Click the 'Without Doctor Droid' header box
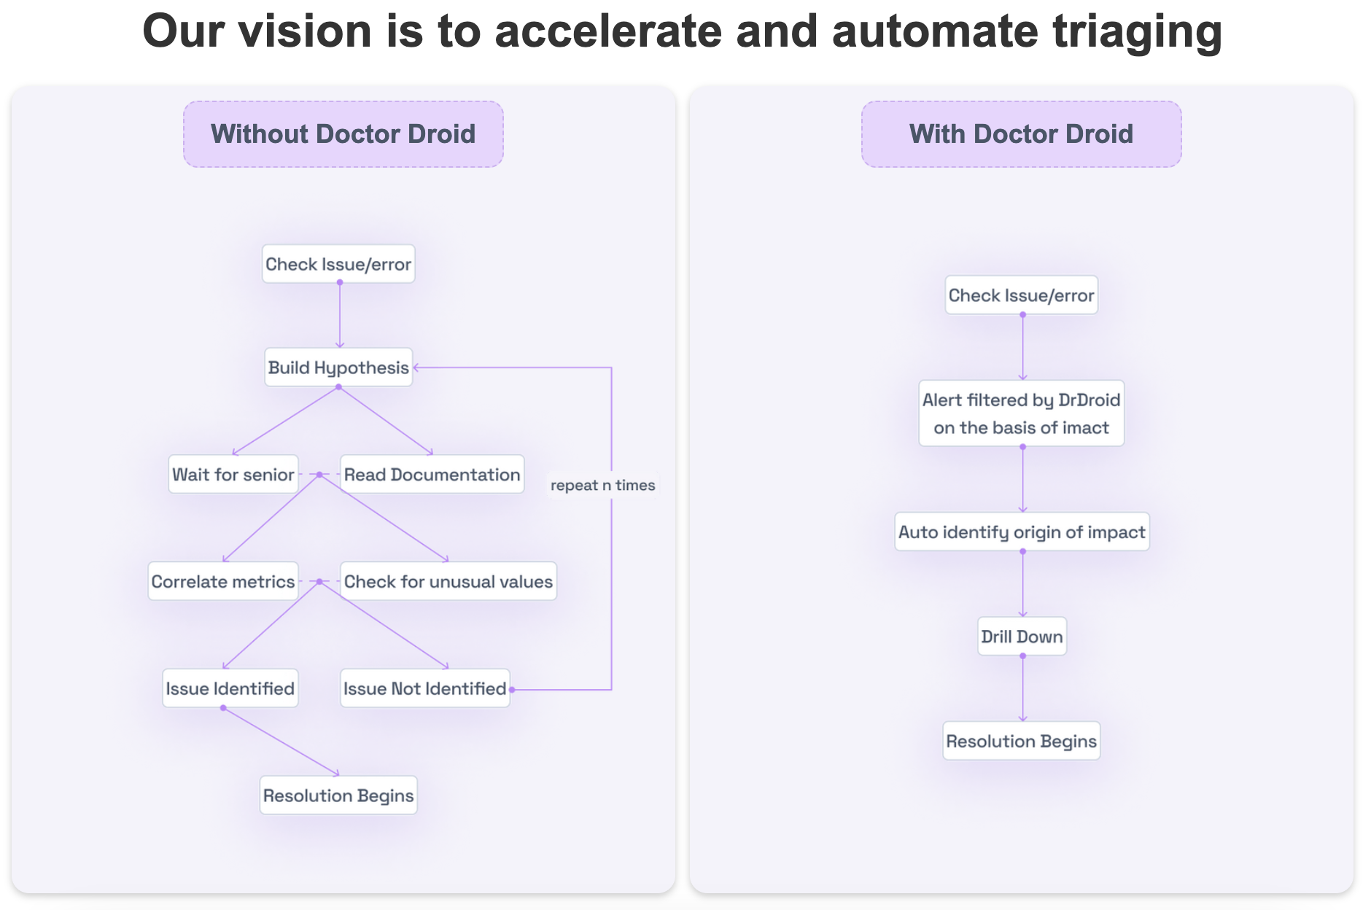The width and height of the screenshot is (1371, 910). point(343,134)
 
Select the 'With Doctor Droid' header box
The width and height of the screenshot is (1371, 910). point(1021,134)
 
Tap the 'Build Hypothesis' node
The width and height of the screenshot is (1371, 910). point(338,367)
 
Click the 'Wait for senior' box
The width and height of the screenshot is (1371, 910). point(233,475)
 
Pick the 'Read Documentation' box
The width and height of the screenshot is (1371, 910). point(432,475)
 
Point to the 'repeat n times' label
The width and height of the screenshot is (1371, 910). point(602,486)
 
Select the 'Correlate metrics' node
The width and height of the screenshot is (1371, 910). point(223,582)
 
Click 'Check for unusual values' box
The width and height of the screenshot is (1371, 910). point(448,582)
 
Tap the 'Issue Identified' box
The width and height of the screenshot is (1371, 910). point(230,688)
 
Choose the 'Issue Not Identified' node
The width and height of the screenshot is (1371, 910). point(424,688)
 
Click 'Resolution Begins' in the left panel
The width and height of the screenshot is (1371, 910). point(338,796)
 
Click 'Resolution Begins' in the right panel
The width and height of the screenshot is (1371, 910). point(1021,742)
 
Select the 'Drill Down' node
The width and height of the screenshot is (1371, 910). point(1022,637)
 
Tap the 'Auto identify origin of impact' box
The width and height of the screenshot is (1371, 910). point(1022,532)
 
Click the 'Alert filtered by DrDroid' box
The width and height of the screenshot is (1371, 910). point(1021,413)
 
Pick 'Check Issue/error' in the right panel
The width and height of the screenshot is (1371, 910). point(1021,295)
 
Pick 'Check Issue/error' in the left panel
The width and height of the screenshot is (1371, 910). point(338,264)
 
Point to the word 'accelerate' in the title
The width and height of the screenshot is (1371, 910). point(607,32)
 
